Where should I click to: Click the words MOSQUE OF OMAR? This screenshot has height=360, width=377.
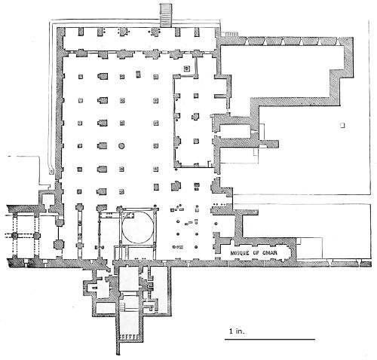pyautogui.click(x=254, y=253)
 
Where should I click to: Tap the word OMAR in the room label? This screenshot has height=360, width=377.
pyautogui.click(x=270, y=253)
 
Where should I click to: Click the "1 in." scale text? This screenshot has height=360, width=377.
pyautogui.click(x=237, y=331)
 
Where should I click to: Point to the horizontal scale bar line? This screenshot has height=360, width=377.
pyautogui.click(x=270, y=340)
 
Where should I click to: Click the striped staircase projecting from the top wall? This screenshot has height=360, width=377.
pyautogui.click(x=166, y=15)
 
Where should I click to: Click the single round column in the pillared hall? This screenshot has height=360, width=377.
pyautogui.click(x=121, y=146)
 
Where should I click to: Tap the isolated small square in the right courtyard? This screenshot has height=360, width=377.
pyautogui.click(x=342, y=125)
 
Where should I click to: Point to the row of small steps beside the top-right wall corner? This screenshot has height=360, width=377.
pyautogui.click(x=231, y=34)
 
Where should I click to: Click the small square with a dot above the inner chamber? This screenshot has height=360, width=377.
pyautogui.click(x=186, y=68)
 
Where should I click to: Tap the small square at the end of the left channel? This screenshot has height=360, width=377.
pyautogui.click(x=51, y=171)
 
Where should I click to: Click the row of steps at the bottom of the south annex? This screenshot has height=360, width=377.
pyautogui.click(x=130, y=337)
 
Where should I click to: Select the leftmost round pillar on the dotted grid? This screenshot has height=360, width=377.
pyautogui.click(x=14, y=236)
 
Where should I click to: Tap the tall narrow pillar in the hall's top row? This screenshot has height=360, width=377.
pyautogui.click(x=138, y=75)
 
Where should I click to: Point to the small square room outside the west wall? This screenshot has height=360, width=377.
pyautogui.click(x=48, y=200)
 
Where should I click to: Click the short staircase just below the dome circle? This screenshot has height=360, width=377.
pyautogui.click(x=127, y=252)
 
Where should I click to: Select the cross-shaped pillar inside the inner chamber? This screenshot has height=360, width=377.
pyautogui.click(x=195, y=117)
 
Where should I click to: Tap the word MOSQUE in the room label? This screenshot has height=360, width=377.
pyautogui.click(x=240, y=253)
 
